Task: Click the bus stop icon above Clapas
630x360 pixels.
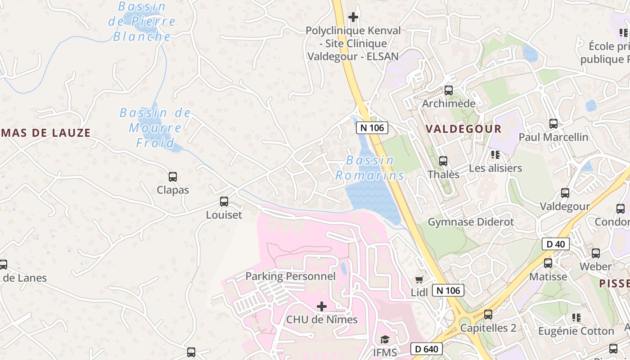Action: click(172, 177)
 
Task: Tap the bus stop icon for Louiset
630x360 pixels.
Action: click(224, 202)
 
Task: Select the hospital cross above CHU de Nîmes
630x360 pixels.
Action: click(322, 306)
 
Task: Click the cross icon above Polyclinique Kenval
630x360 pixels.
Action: click(353, 17)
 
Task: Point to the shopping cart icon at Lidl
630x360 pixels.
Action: click(419, 279)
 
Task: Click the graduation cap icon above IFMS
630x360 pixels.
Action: click(385, 339)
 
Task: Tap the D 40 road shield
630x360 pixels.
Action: click(556, 244)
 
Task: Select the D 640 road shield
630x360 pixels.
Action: click(427, 349)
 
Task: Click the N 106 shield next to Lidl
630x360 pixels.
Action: click(448, 290)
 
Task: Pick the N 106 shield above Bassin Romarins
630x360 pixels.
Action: click(372, 128)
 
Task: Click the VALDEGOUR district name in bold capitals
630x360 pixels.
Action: click(463, 129)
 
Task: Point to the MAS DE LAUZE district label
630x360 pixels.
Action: click(45, 133)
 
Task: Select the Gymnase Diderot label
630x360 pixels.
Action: click(471, 222)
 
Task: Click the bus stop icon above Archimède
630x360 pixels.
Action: click(449, 90)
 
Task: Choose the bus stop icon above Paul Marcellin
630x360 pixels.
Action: click(553, 123)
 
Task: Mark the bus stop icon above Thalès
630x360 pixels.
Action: click(443, 161)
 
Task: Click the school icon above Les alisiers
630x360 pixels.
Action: click(495, 155)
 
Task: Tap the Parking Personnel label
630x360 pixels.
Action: click(290, 276)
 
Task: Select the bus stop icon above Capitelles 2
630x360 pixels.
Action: click(488, 315)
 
